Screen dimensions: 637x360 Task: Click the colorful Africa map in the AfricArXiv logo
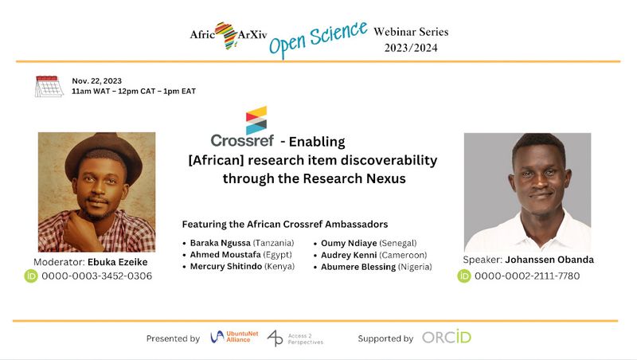(227, 36)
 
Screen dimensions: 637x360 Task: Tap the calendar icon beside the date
(49, 86)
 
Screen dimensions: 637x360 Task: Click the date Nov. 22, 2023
(96, 81)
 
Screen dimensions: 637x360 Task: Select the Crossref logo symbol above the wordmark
(256, 120)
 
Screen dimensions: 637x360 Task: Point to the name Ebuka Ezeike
(117, 262)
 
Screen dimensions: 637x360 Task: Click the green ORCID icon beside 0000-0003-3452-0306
(31, 276)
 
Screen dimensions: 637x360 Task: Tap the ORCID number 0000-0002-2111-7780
(527, 276)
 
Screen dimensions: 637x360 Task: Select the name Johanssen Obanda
(549, 260)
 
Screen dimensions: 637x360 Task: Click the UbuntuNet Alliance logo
(234, 337)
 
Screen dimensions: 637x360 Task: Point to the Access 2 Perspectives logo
(295, 338)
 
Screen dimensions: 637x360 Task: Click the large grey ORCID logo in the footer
(447, 337)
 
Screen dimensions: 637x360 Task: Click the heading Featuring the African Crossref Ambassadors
(285, 225)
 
